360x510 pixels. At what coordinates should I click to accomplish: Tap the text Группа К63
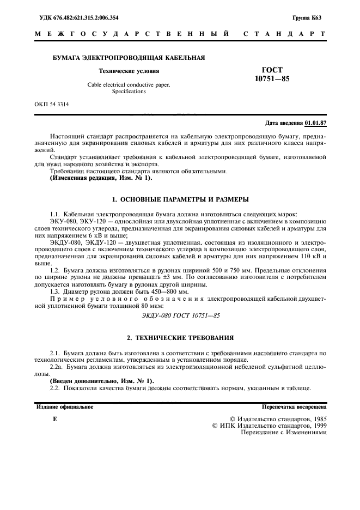tap(310, 17)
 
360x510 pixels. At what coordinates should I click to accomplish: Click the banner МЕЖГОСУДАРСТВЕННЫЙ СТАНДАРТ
tap(180, 34)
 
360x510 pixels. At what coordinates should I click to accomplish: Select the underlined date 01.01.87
tap(315, 123)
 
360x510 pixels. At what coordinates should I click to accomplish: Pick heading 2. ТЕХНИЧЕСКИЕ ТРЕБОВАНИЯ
tap(180, 338)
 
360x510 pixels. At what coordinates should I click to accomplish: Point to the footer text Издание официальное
tap(64, 406)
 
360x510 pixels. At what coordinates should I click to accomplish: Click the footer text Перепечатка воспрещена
tap(294, 406)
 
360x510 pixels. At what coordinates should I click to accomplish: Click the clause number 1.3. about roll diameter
tap(56, 292)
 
